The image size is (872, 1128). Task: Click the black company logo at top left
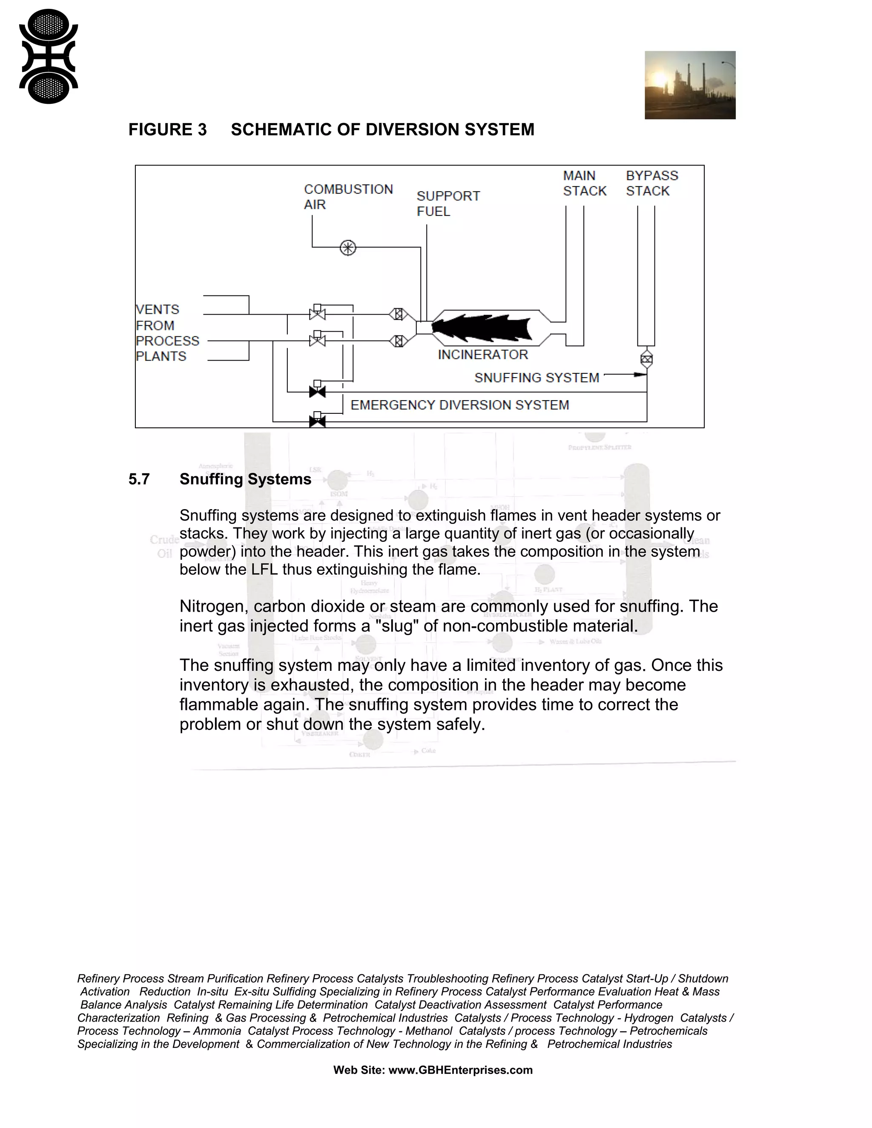(x=49, y=56)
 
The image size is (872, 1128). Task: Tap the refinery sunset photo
(x=690, y=85)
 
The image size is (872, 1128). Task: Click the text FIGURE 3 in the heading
(x=167, y=130)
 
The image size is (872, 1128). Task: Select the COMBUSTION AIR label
(x=348, y=197)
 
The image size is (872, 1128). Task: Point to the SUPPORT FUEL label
(x=447, y=203)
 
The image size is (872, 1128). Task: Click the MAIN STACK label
(x=584, y=183)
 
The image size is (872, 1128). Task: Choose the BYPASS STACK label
(x=651, y=183)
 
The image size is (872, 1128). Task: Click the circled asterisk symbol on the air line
(x=348, y=248)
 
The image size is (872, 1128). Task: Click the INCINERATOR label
(x=483, y=355)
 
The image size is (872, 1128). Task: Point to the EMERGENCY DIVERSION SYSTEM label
(x=460, y=405)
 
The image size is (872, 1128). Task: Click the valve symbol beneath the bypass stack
(x=646, y=358)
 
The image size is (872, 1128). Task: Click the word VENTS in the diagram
(x=158, y=310)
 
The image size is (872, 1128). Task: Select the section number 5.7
(x=139, y=479)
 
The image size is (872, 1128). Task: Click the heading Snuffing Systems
(x=245, y=479)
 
